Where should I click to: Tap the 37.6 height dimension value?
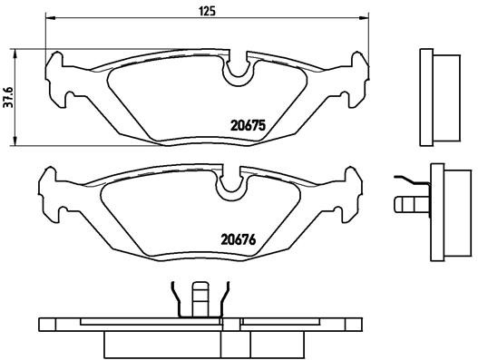pos(9,95)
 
